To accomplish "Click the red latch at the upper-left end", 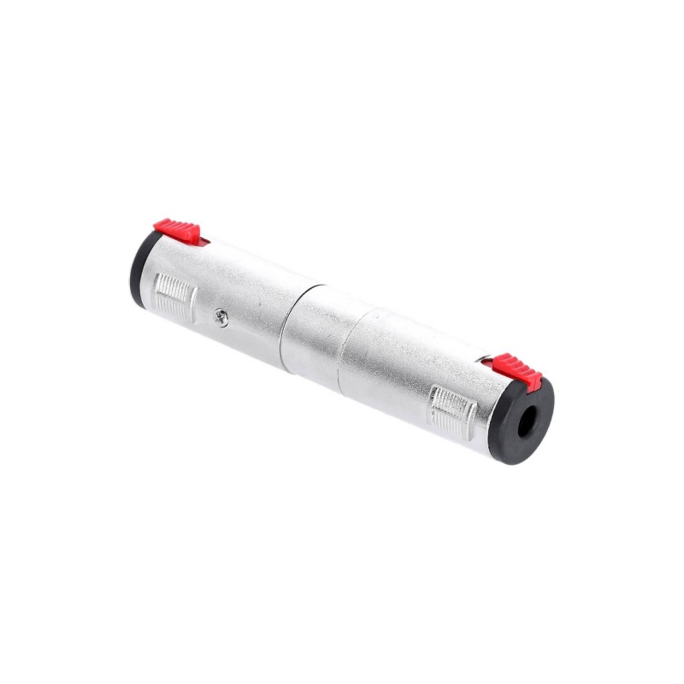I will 177,229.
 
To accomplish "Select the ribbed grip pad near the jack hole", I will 452,411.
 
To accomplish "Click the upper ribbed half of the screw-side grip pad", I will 176,289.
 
